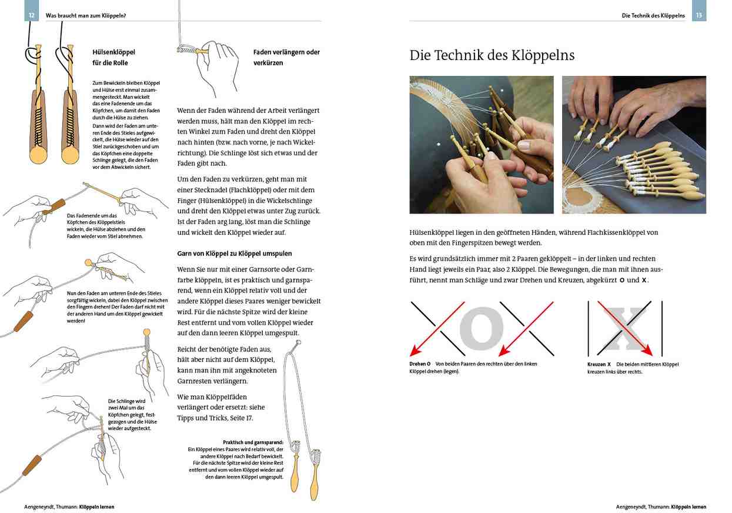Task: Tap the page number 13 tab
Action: (699, 15)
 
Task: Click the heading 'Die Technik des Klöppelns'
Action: (492, 56)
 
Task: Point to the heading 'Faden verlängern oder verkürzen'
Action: (286, 57)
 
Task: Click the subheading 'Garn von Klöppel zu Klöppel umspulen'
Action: (235, 254)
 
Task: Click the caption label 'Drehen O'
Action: (420, 364)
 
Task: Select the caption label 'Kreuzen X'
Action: (599, 364)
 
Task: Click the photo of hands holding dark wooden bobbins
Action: (482, 145)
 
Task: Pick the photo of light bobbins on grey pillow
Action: (634, 145)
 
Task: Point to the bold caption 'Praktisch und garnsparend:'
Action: (253, 442)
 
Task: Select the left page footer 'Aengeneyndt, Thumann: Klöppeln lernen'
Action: (69, 507)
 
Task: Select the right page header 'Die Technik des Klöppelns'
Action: (653, 15)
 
